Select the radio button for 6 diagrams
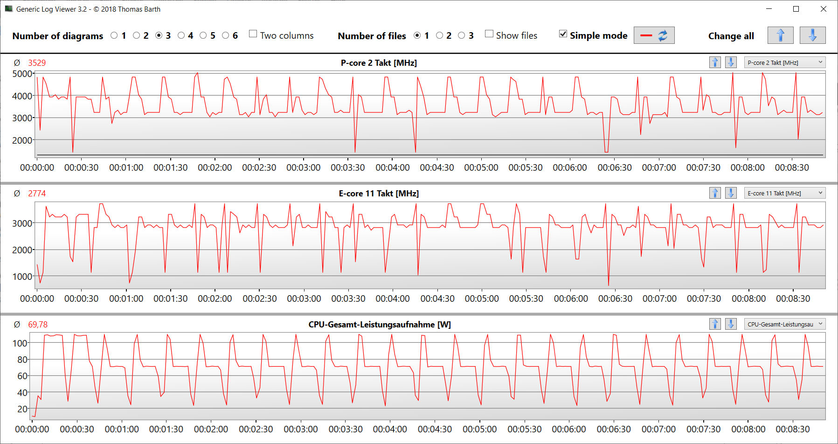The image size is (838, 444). [226, 35]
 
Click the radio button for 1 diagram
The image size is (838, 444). [114, 35]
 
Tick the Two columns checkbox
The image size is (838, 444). [253, 34]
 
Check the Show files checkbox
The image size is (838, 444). [489, 34]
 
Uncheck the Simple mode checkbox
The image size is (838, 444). [563, 34]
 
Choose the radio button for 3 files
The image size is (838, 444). [462, 35]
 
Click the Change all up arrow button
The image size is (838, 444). [780, 35]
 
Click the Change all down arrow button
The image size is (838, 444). [812, 35]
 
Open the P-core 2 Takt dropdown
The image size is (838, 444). [784, 62]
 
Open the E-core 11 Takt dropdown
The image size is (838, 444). [784, 193]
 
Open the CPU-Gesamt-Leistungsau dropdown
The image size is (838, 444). [784, 324]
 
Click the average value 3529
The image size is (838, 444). [37, 63]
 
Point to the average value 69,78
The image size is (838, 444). [38, 325]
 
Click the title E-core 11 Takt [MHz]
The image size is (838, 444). [379, 194]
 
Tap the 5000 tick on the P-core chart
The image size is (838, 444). [22, 74]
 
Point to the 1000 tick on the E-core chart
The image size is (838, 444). [22, 277]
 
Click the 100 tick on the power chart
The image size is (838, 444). [20, 343]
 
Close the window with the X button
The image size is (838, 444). [824, 9]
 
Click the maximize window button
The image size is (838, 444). [796, 9]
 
